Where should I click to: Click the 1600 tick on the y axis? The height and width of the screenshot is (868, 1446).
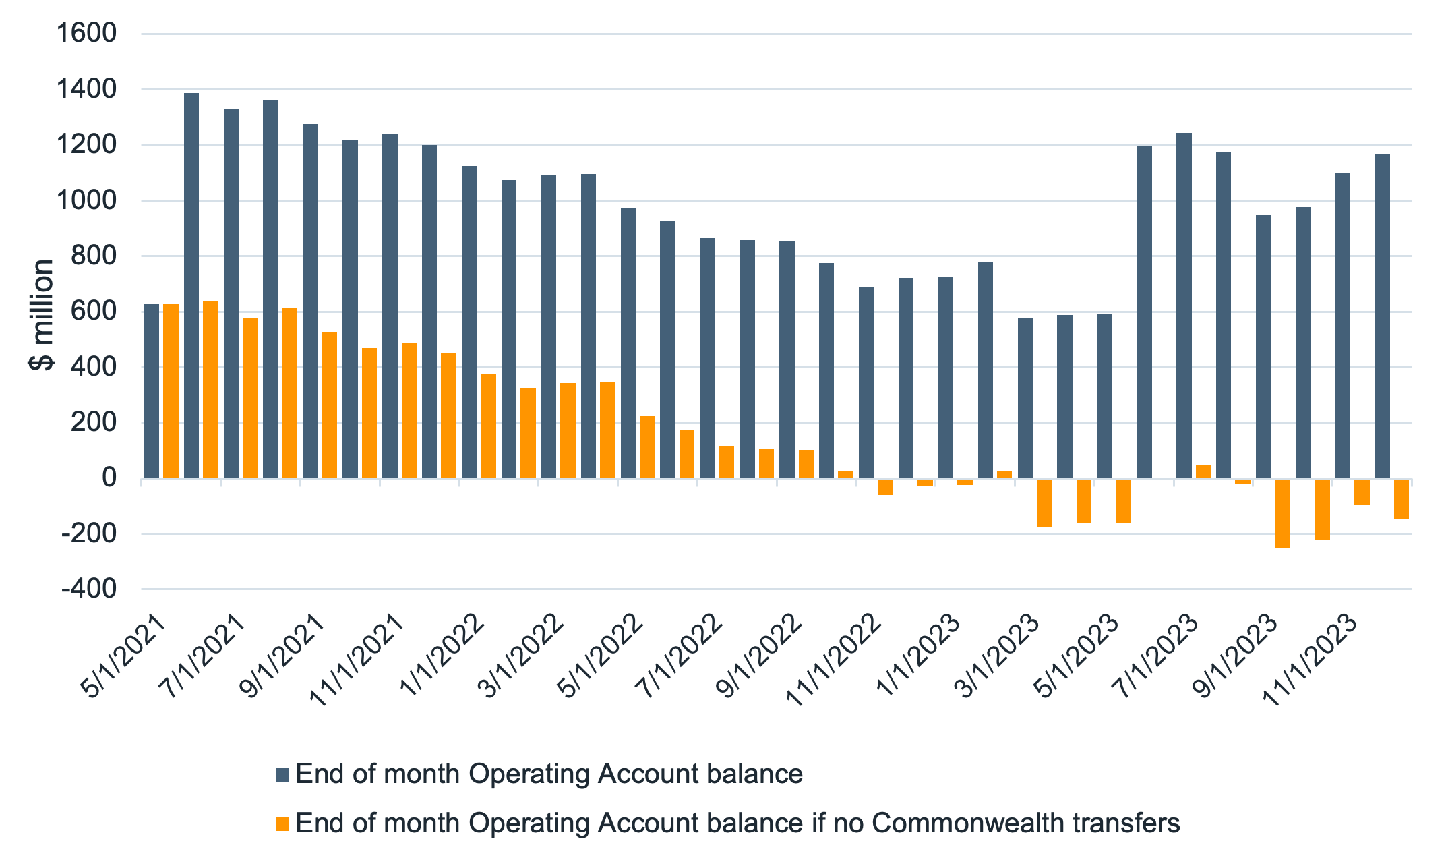(x=86, y=33)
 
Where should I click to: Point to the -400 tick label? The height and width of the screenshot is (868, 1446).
(x=88, y=589)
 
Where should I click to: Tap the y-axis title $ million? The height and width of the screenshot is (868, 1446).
(x=42, y=314)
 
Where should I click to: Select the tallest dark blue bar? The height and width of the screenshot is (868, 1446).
(x=191, y=285)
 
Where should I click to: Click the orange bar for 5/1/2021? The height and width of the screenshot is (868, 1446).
(x=171, y=391)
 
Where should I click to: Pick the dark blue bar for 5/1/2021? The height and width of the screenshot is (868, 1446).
(x=152, y=391)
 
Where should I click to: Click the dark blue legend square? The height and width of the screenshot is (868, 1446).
(x=282, y=774)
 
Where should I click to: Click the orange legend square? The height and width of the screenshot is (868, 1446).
(x=282, y=823)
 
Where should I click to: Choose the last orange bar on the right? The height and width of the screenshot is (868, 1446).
(x=1402, y=498)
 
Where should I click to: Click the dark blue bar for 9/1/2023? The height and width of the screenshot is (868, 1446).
(x=1263, y=347)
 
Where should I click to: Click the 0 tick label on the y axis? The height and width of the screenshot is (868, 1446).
(x=109, y=478)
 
